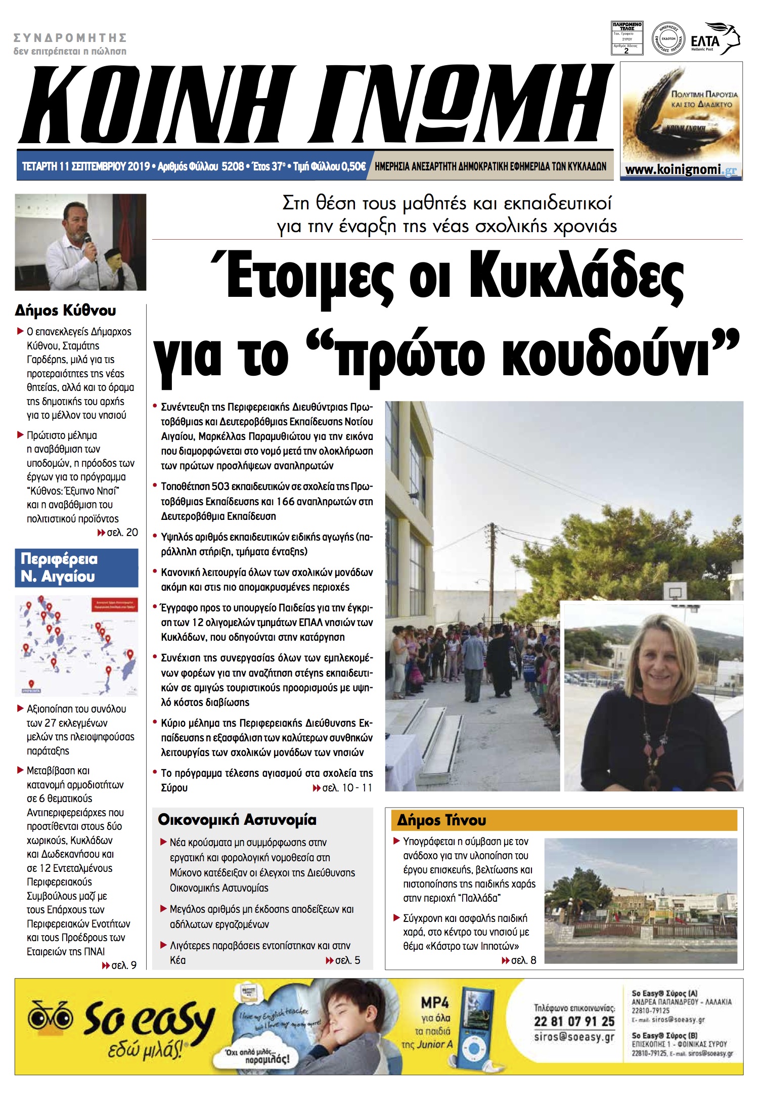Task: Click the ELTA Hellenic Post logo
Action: tap(714, 39)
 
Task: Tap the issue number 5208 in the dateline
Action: tap(233, 166)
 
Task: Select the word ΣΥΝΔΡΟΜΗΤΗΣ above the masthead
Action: tap(70, 38)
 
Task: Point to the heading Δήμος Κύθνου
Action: tap(65, 310)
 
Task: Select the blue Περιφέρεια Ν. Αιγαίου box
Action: tap(76, 567)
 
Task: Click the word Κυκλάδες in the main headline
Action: tap(576, 279)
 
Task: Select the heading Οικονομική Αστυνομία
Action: tap(237, 820)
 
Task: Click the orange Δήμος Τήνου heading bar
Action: tap(563, 820)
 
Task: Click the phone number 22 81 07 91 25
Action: tap(574, 1021)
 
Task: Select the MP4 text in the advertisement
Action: tap(434, 1002)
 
